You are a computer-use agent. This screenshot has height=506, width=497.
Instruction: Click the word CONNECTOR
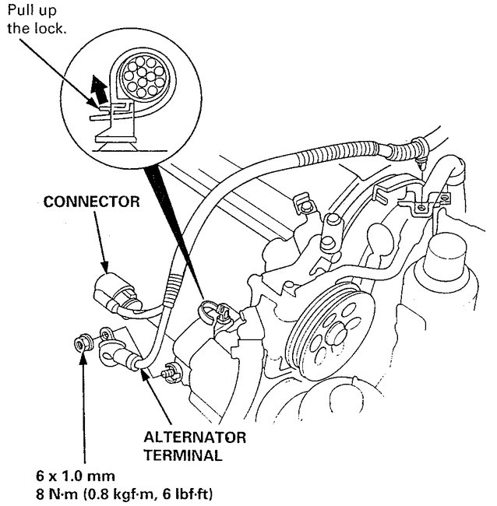click(92, 202)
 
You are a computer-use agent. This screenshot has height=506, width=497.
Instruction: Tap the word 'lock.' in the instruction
click(51, 29)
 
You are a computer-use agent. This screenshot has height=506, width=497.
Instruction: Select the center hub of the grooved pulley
click(337, 333)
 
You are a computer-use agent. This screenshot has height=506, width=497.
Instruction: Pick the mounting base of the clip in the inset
click(117, 141)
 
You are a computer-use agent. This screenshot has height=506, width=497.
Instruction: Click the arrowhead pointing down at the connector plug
click(110, 269)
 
